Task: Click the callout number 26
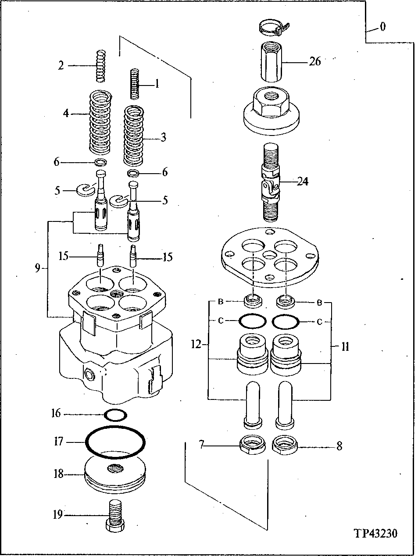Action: point(314,62)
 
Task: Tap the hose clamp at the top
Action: point(272,29)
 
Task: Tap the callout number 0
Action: point(382,28)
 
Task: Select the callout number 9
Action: point(37,268)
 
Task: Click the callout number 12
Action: point(196,345)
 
